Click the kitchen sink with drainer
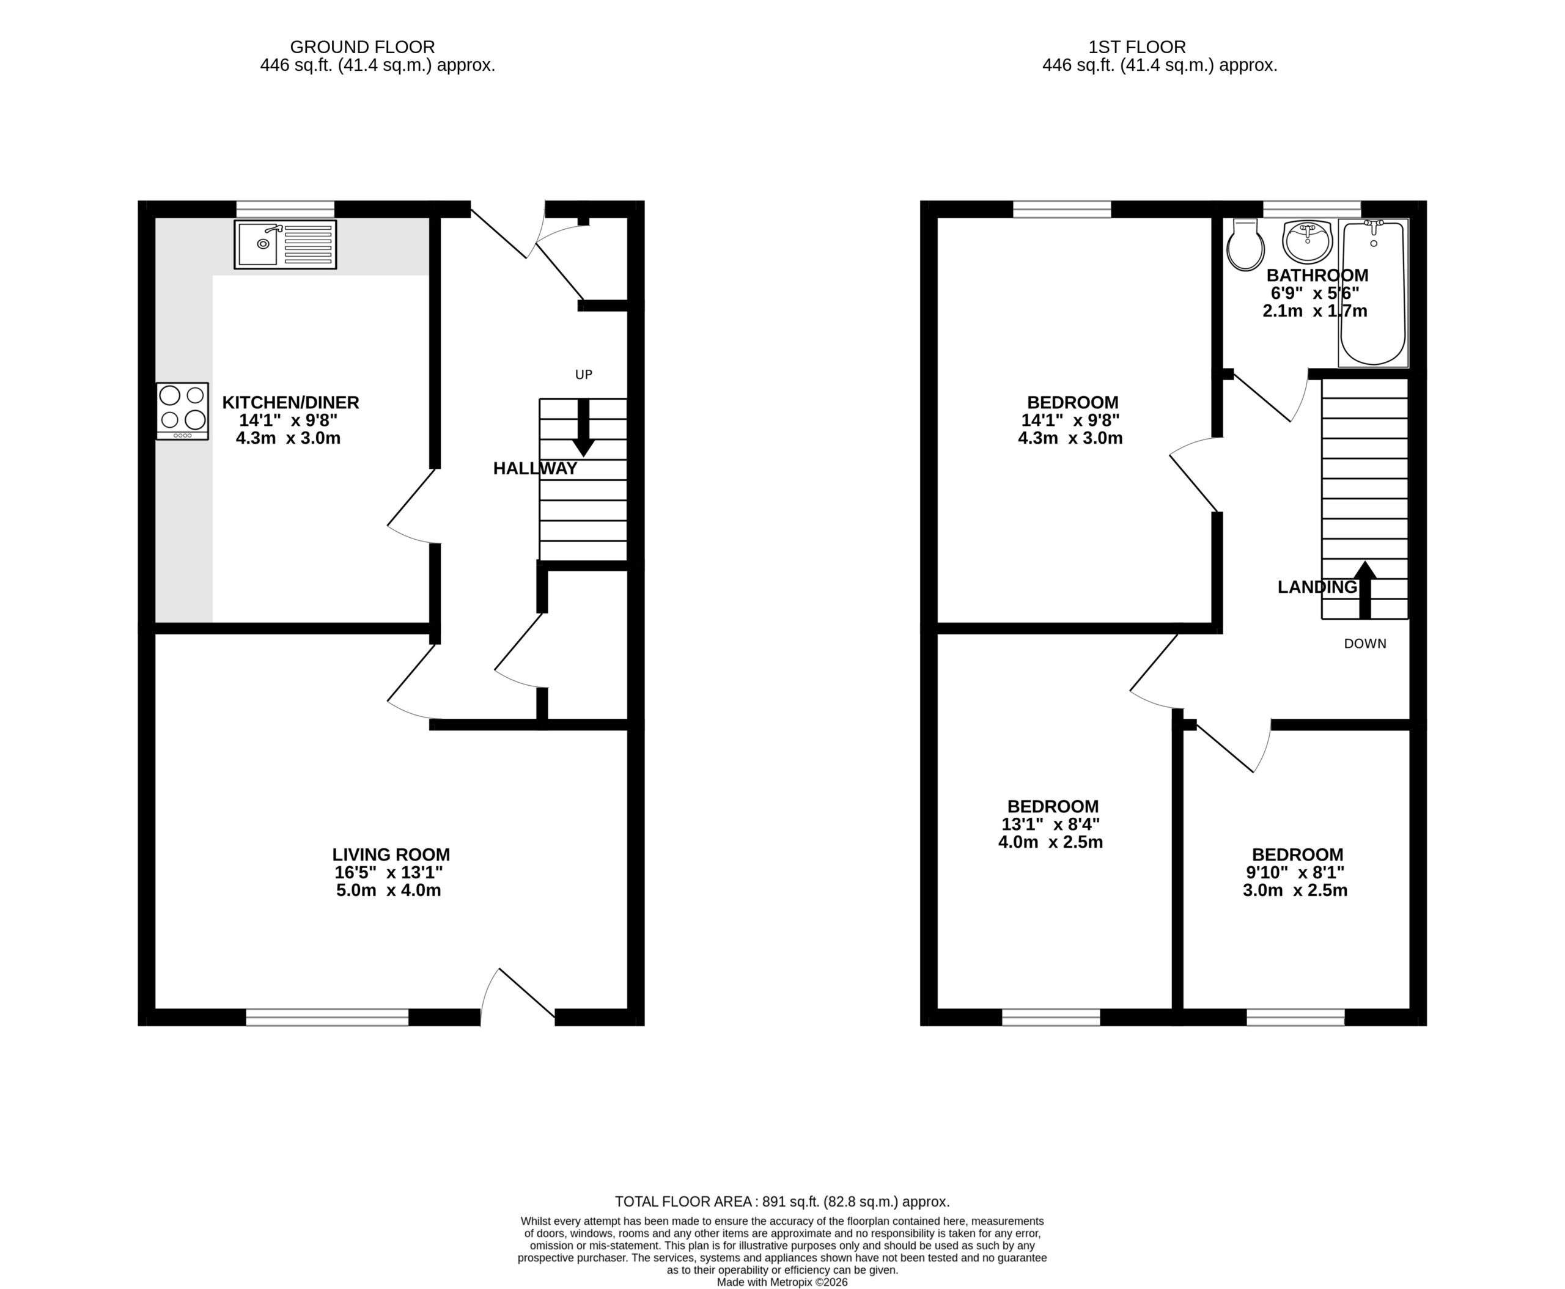click(285, 244)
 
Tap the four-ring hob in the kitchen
click(182, 411)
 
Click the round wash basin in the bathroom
click(1307, 241)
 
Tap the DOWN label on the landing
click(1365, 644)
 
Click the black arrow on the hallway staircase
click(584, 428)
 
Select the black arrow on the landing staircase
click(1365, 590)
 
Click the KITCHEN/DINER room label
click(290, 402)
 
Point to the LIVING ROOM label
click(391, 854)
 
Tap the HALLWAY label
click(535, 469)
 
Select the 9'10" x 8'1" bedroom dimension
click(1295, 872)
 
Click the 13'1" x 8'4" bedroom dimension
click(1050, 824)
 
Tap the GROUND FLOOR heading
click(363, 48)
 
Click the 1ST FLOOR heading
click(1137, 48)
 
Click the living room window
click(328, 1017)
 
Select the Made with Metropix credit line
click(782, 1282)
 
